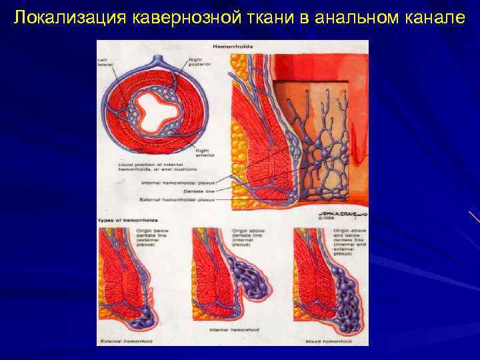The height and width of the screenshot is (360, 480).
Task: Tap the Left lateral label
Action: click(x=107, y=62)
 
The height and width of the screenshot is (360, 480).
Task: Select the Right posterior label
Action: click(x=197, y=62)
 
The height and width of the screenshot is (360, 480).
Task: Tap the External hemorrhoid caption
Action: click(x=127, y=340)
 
